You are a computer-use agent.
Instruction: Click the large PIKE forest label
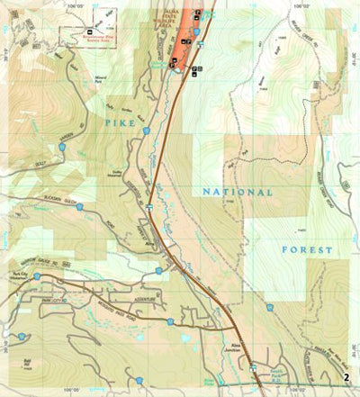pos(117,117)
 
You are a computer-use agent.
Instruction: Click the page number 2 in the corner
pos(346,378)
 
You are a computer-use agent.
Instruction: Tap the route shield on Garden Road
pos(61,145)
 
